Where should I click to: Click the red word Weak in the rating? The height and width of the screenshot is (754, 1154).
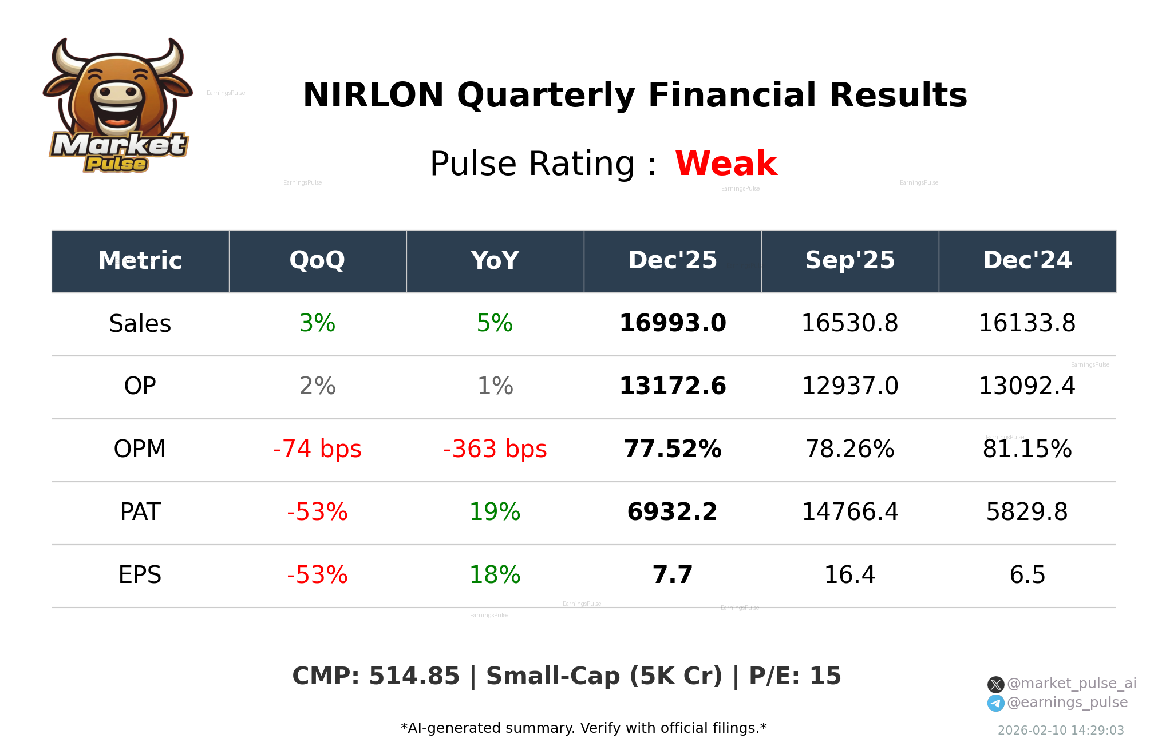click(x=726, y=164)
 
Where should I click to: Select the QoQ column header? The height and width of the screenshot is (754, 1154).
click(x=317, y=261)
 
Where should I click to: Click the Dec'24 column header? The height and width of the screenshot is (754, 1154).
click(x=1027, y=261)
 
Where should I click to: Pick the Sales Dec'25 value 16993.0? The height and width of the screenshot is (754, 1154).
click(x=673, y=323)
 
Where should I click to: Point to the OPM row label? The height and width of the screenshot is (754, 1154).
click(x=140, y=449)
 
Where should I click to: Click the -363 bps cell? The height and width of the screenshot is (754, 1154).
click(x=495, y=449)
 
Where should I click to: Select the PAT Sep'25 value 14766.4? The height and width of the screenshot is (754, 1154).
click(x=849, y=512)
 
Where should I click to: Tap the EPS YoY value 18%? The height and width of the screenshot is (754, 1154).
click(x=495, y=575)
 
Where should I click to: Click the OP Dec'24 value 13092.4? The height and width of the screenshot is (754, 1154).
click(x=1027, y=386)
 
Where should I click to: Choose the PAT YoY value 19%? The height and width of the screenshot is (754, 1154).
click(x=495, y=512)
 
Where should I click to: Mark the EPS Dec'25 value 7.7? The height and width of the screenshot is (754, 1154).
click(x=673, y=575)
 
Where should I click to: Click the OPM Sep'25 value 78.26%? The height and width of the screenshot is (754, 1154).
click(x=849, y=449)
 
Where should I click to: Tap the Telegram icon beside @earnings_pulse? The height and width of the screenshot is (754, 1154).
click(x=995, y=703)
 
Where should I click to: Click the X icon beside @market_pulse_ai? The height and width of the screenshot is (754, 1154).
click(x=995, y=684)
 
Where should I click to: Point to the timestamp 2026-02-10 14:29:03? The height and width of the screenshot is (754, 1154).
click(x=1061, y=731)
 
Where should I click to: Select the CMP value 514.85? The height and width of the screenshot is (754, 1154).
click(x=414, y=676)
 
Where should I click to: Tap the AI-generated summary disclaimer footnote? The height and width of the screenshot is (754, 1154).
click(x=583, y=728)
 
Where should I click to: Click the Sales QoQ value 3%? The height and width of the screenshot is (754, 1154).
click(x=317, y=323)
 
